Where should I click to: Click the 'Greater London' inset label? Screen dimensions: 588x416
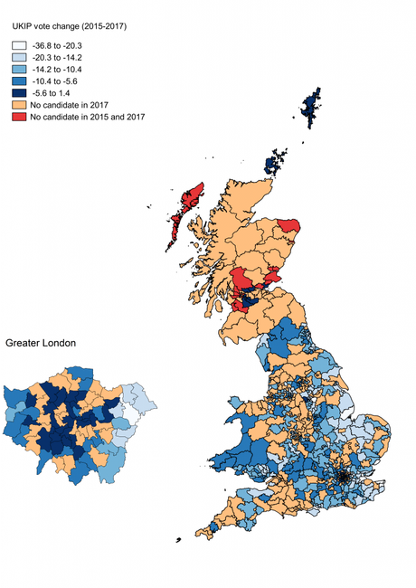41,344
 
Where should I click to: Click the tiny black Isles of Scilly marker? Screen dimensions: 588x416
178,540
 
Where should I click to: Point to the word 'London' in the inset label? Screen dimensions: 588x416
58,344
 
